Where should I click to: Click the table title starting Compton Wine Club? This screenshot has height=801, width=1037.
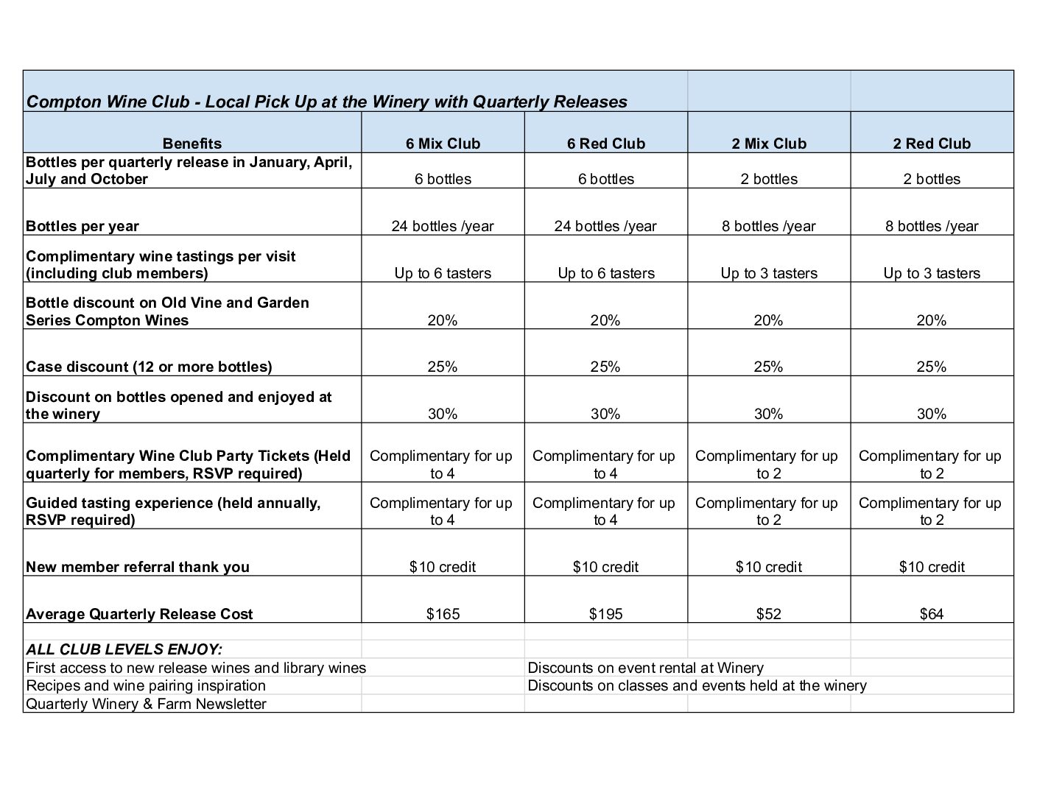coord(326,102)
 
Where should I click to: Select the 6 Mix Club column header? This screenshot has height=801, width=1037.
coord(443,144)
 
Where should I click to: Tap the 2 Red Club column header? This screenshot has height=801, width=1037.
coord(932,144)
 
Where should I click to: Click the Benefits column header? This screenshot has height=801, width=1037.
coord(191,144)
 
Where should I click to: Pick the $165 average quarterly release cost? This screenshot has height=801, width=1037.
coord(443,614)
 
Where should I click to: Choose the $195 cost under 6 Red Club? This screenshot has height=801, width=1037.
coord(605,614)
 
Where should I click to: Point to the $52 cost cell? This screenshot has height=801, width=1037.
coord(768,614)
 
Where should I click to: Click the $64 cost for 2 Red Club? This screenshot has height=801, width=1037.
coord(932,614)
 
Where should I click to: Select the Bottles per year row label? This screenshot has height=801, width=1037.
coord(82,226)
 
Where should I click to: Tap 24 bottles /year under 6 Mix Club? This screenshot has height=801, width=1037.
coord(443,226)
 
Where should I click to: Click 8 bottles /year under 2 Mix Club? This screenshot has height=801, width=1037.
coord(768,226)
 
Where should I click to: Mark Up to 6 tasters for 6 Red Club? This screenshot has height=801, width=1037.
coord(605,273)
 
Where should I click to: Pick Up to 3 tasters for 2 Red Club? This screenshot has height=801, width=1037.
coord(932,273)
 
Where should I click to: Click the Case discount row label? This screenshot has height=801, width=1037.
coord(149,367)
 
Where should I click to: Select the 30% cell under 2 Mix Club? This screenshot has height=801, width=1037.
coord(768,414)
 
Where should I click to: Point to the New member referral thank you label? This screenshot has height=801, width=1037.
coord(138,567)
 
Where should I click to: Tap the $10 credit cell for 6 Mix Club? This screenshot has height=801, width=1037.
coord(443,567)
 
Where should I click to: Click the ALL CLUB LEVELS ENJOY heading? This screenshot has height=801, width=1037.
coord(124,649)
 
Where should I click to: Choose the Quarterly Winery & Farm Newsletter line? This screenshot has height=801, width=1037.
coord(146,704)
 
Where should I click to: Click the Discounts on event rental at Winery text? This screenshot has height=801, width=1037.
coord(645,668)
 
